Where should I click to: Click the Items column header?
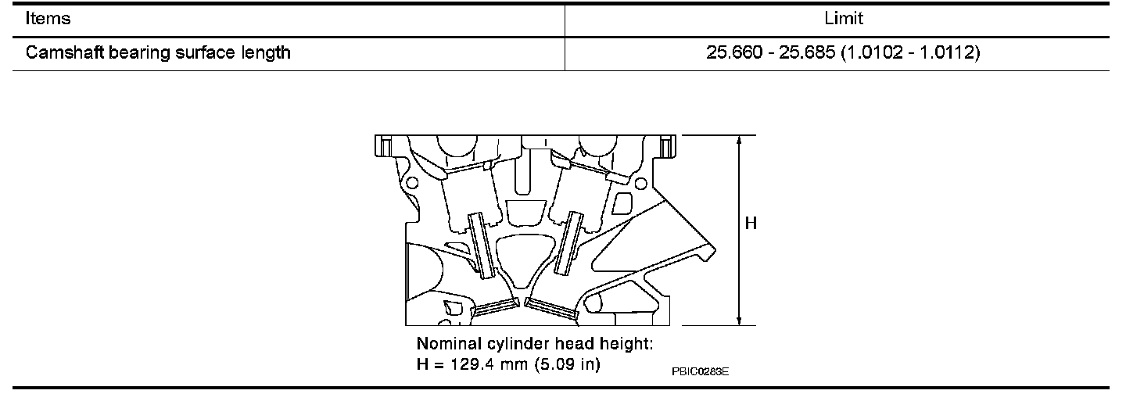click(48, 19)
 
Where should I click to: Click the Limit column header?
click(844, 19)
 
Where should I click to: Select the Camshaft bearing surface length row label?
click(158, 53)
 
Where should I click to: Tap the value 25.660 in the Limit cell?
click(734, 52)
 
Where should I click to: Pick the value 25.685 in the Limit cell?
click(807, 52)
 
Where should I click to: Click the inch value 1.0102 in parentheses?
click(873, 52)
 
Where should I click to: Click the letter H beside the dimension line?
click(751, 223)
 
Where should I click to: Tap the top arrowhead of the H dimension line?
click(739, 141)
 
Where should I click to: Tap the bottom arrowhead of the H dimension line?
click(739, 320)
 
